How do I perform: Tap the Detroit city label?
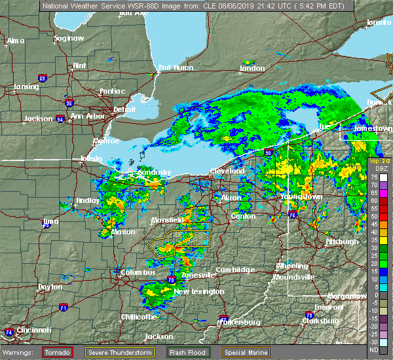124,109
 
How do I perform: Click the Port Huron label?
173,67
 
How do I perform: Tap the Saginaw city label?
69,38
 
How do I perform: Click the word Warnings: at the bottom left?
20,352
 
